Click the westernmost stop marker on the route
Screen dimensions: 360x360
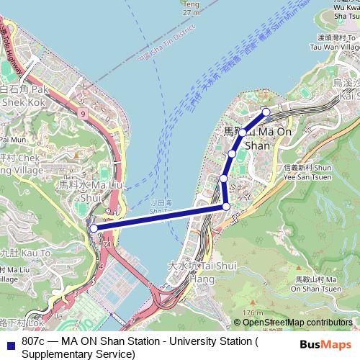[x=94, y=228]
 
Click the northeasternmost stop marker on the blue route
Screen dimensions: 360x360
[x=266, y=111]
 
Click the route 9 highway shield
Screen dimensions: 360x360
[x=84, y=113]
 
